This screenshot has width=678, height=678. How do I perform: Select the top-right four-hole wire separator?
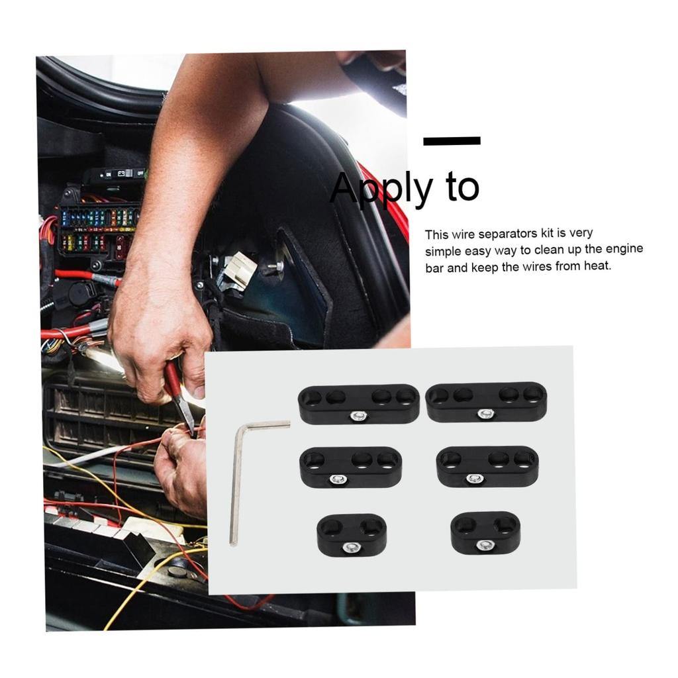[487, 403]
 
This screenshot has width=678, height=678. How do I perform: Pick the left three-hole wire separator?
[350, 466]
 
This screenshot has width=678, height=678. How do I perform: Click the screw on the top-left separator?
[358, 416]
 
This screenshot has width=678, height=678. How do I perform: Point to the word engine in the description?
[623, 250]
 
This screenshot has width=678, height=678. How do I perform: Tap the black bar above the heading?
[452, 140]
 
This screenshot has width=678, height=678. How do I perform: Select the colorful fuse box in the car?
[99, 228]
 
